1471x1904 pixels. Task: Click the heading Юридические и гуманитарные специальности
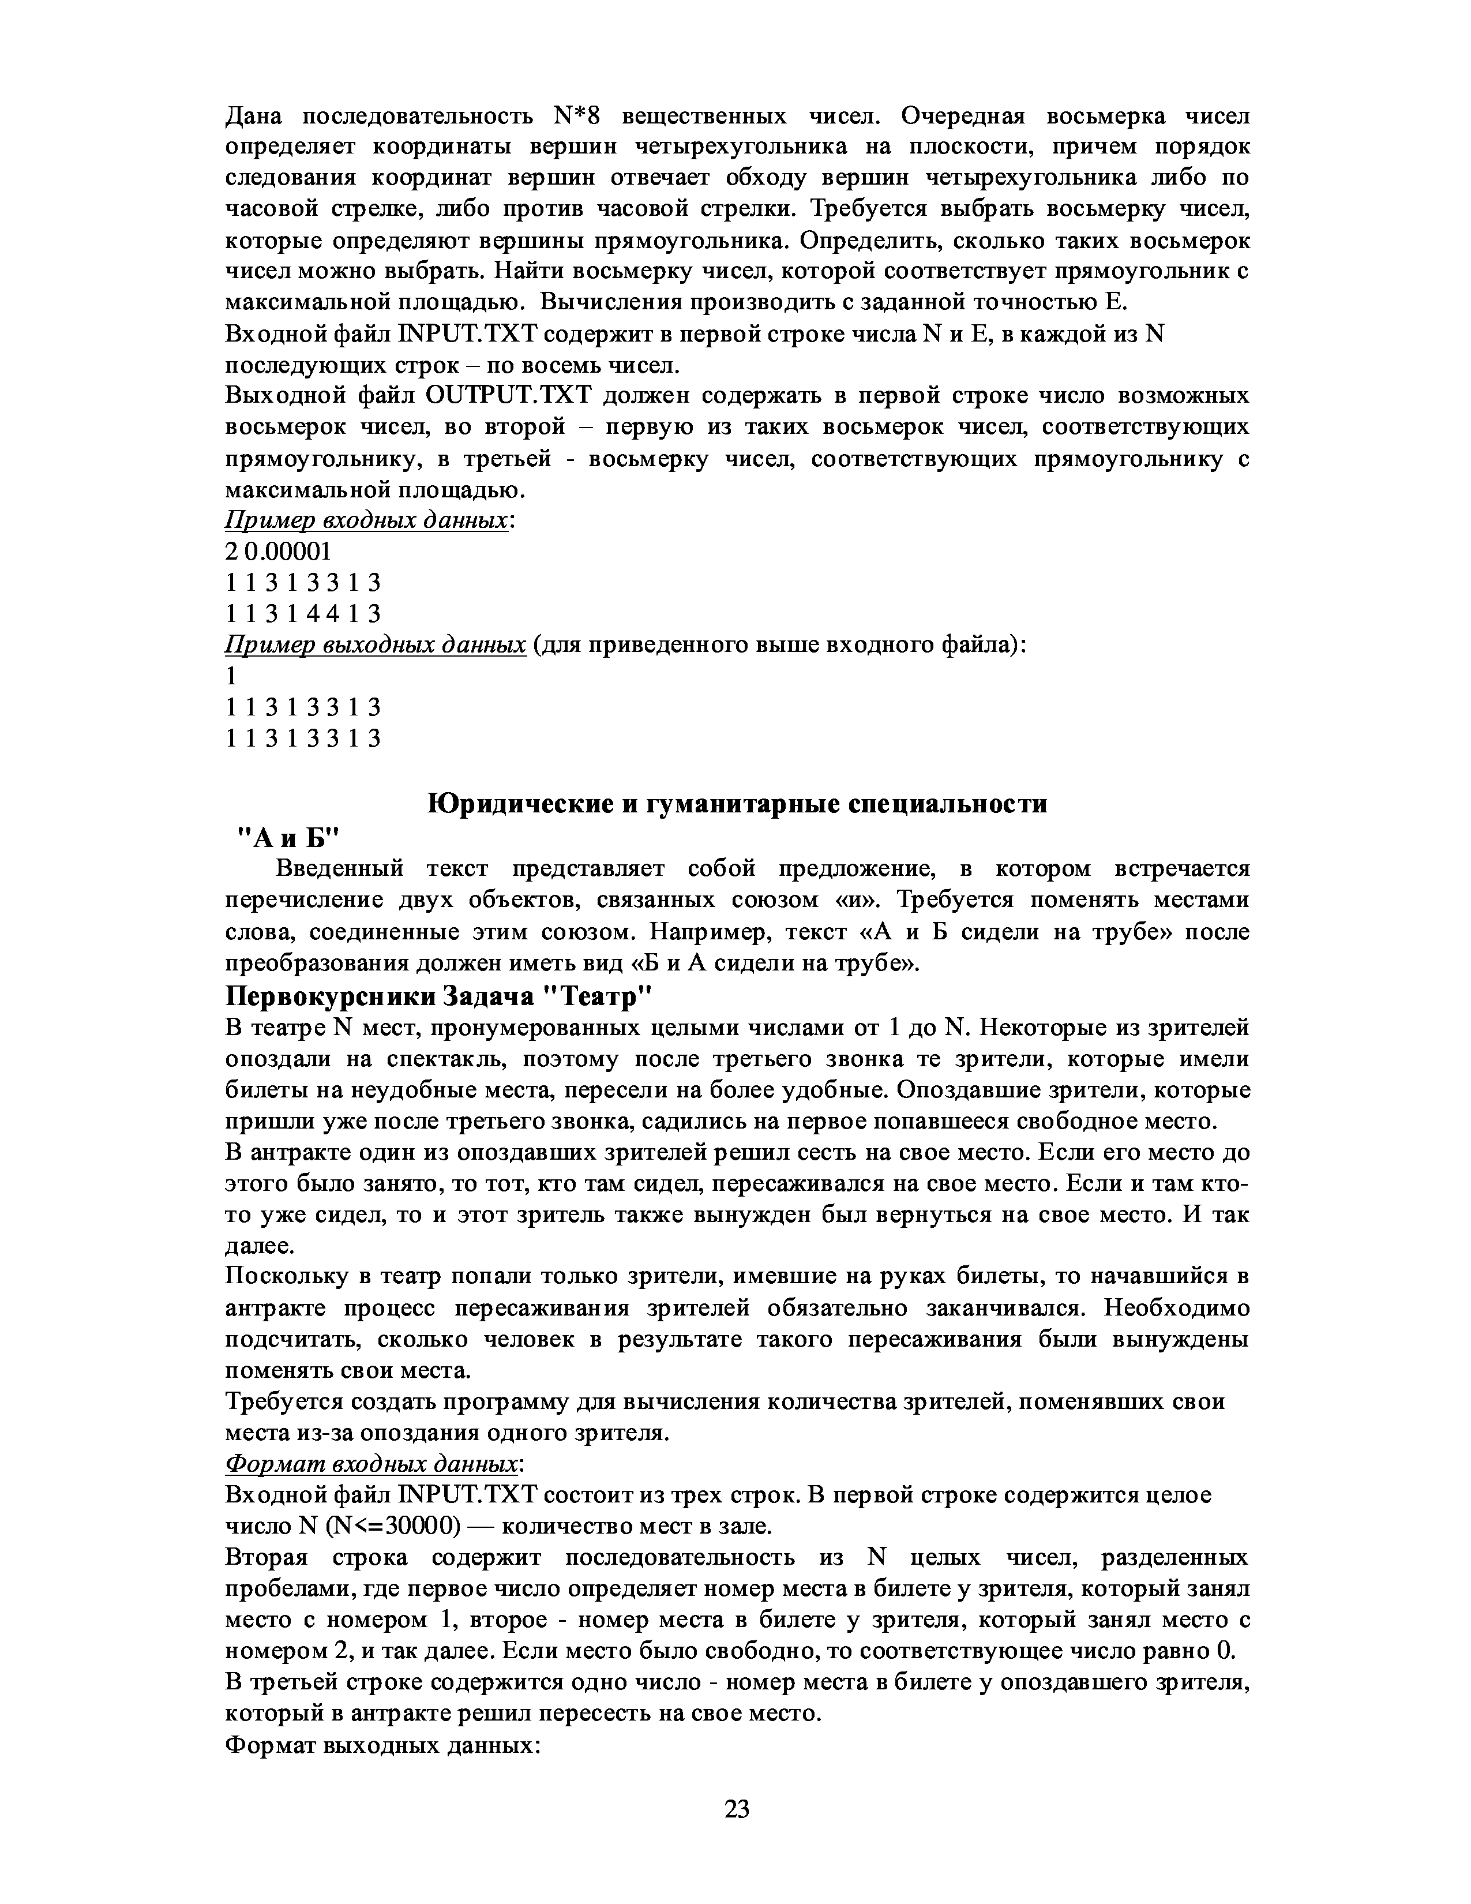[x=737, y=803]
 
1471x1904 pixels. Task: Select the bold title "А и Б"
[x=288, y=837]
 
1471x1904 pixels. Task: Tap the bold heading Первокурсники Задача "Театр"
[x=438, y=996]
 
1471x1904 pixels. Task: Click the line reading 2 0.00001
[x=279, y=552]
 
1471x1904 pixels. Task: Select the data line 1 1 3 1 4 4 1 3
[x=303, y=614]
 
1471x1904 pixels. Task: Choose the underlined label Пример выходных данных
[x=376, y=645]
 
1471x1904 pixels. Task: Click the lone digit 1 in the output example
[x=231, y=677]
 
